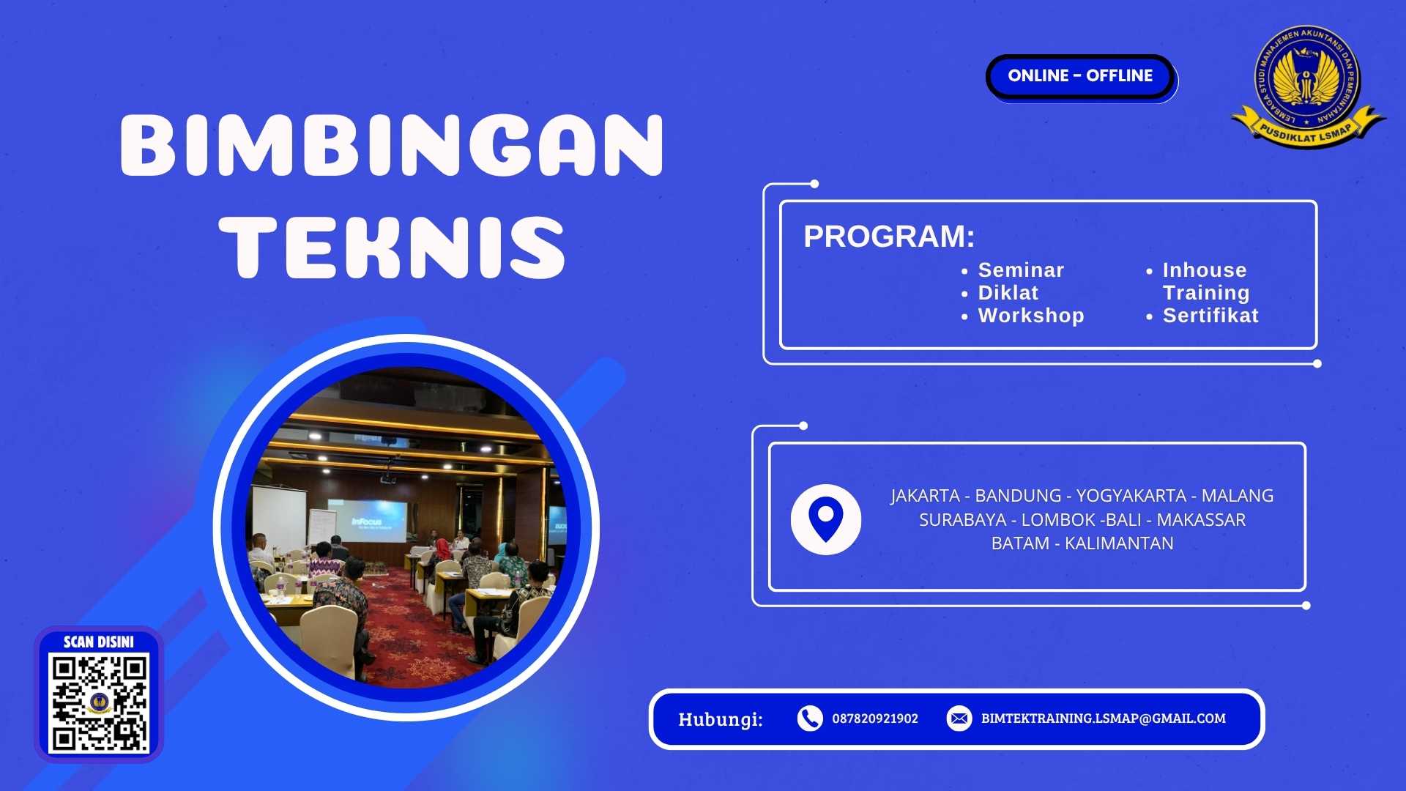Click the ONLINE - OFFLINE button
[1080, 76]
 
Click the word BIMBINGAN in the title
[392, 145]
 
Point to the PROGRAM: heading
[889, 237]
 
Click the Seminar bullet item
[1021, 270]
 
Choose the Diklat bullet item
[1008, 293]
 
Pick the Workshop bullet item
[1030, 316]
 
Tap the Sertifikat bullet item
[1210, 316]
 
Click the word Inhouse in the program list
[1205, 270]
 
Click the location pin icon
[825, 519]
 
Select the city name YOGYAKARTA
[1131, 496]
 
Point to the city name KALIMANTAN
[1119, 543]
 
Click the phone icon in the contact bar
[809, 718]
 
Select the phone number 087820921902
[874, 718]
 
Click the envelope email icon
[959, 718]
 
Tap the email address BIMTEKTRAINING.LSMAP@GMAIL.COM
[1103, 718]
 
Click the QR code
[99, 703]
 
